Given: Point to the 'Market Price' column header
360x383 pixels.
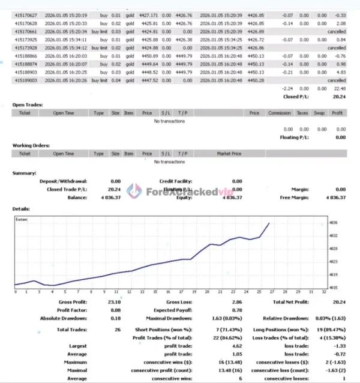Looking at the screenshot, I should coord(228,154).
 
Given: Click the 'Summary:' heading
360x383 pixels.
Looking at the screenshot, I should coord(25,173).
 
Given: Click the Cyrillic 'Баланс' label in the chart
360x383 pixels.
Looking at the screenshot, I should coord(22,220).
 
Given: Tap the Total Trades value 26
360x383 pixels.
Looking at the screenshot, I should coord(116,330).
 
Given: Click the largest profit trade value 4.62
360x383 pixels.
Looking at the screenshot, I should coord(236,346).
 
